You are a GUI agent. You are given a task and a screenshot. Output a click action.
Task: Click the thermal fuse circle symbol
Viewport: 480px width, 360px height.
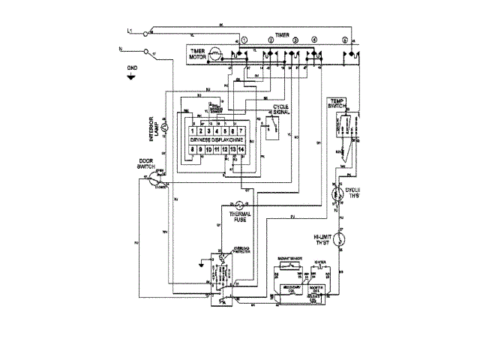(238, 204)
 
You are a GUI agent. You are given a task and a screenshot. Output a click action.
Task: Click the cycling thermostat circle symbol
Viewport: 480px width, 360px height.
(337, 193)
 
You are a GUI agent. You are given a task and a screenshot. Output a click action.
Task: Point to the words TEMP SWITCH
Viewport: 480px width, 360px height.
(336, 104)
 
